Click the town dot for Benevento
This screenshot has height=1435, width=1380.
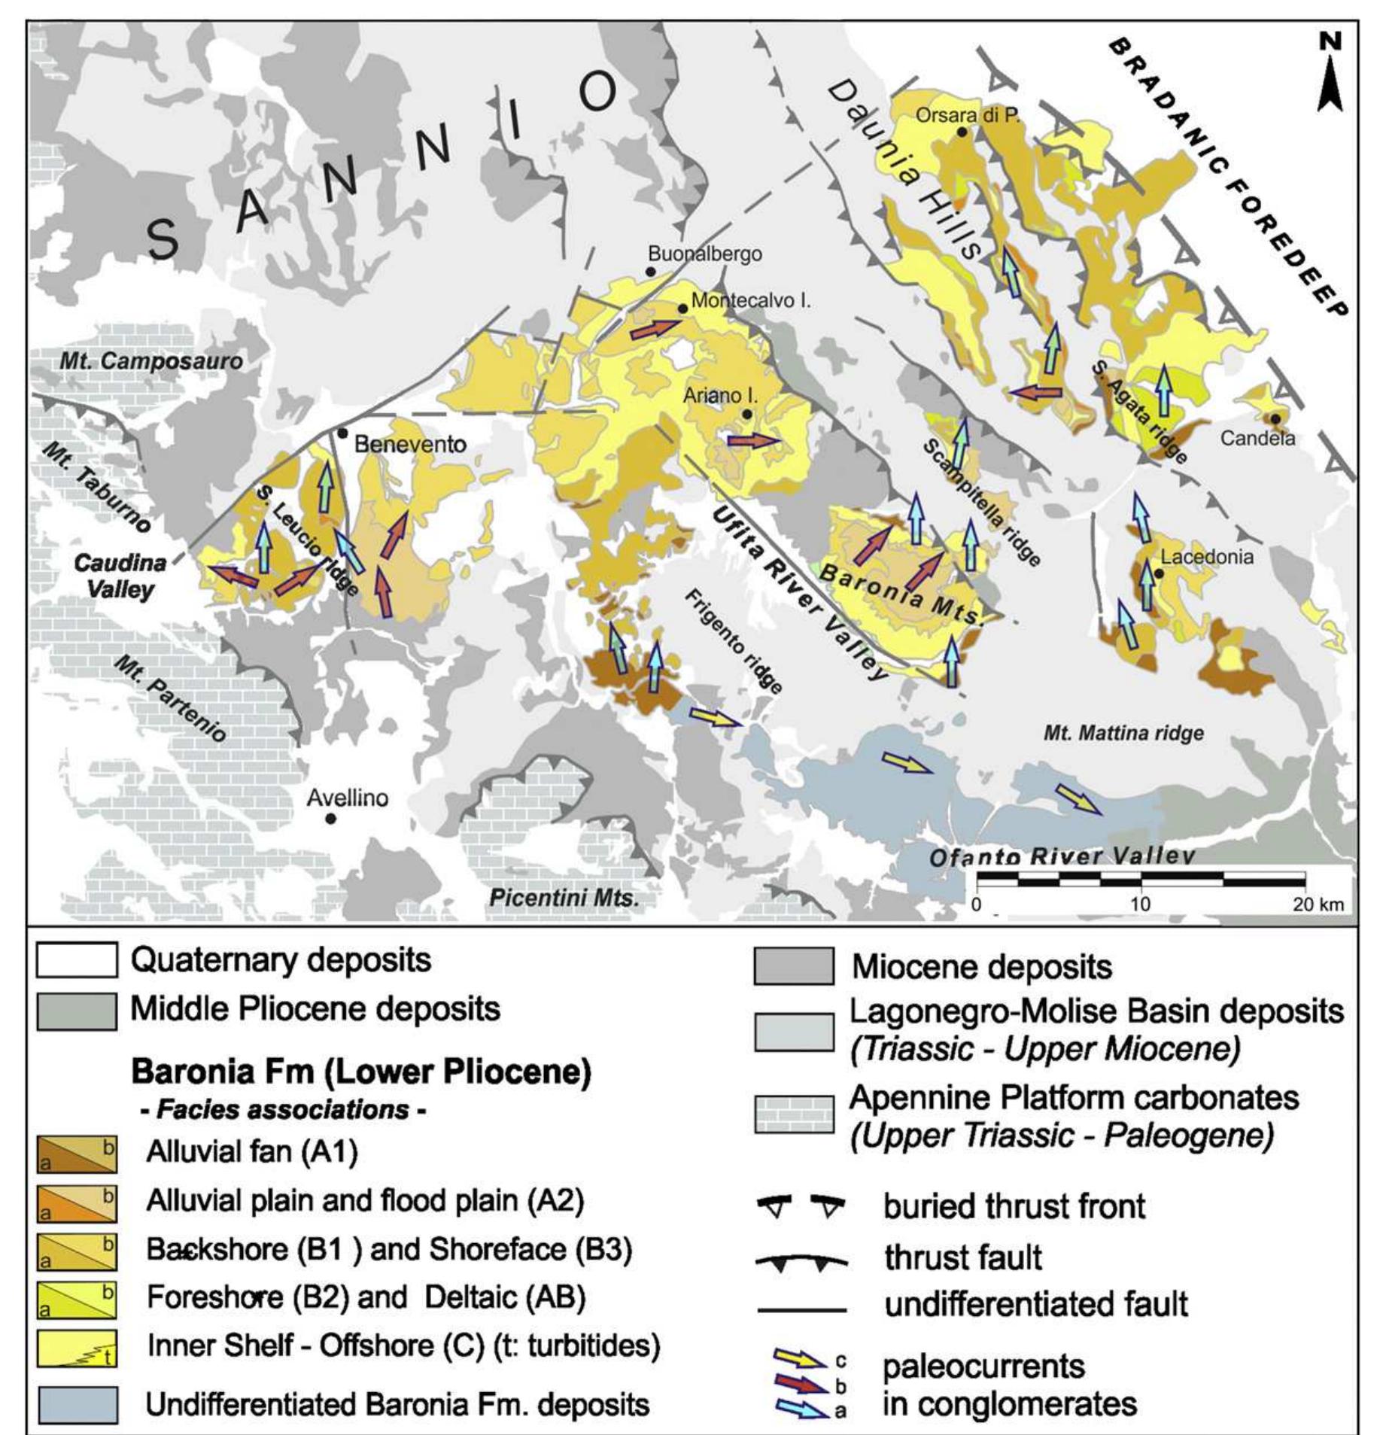(342, 433)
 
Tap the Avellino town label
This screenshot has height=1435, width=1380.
(347, 798)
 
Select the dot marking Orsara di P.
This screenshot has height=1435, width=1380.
(961, 132)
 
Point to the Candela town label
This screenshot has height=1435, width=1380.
(1257, 438)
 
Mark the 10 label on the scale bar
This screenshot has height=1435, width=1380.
(1140, 904)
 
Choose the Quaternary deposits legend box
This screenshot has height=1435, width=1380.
(77, 960)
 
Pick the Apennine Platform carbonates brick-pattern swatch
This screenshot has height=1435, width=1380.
(794, 1114)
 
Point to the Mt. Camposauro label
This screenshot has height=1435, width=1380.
(151, 361)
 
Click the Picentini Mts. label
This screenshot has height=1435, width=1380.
(564, 898)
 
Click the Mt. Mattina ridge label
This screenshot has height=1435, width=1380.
(1123, 732)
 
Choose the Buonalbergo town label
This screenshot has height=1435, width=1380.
(705, 254)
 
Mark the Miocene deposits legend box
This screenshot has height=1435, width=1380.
(794, 966)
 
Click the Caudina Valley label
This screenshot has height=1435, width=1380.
(120, 576)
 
